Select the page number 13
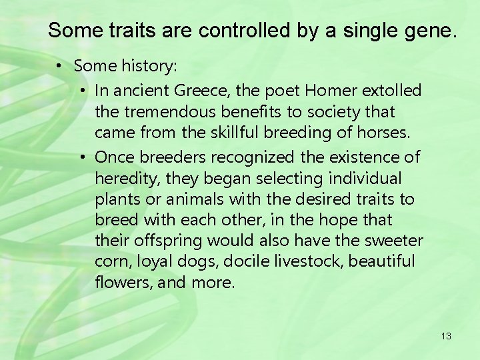446,336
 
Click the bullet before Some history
60,67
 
